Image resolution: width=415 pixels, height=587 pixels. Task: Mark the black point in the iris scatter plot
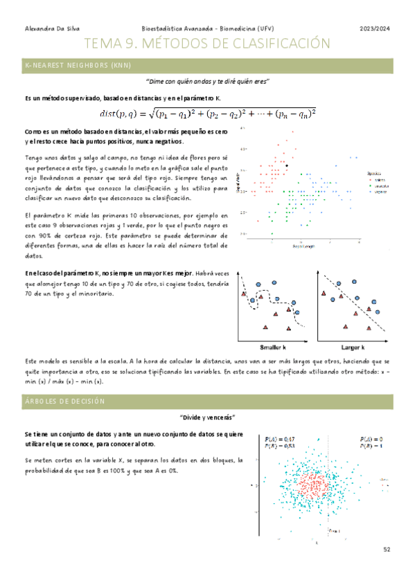pos(287,165)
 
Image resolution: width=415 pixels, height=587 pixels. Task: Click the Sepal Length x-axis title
pos(303,246)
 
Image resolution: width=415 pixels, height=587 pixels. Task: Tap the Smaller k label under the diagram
pos(273,347)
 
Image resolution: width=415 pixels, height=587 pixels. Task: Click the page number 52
pos(387,549)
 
